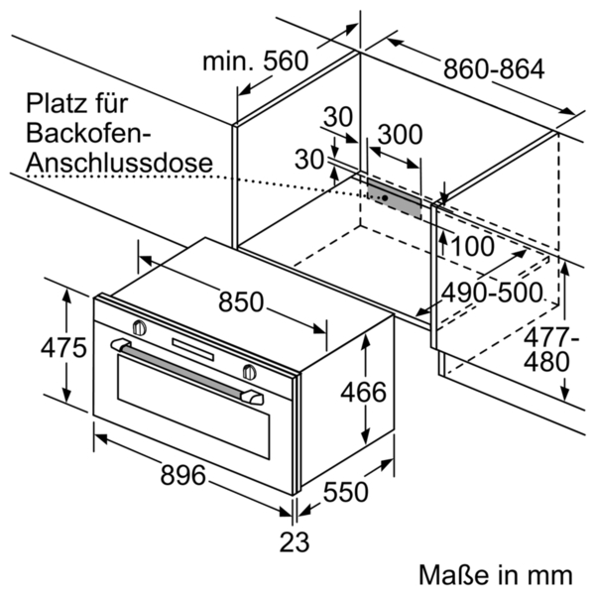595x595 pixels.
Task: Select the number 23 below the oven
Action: point(295,542)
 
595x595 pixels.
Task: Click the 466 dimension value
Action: point(363,393)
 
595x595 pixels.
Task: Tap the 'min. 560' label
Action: point(256,61)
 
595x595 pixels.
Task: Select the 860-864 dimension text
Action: point(494,69)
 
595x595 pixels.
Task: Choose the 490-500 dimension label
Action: point(492,293)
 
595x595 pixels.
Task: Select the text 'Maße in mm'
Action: point(495,574)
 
